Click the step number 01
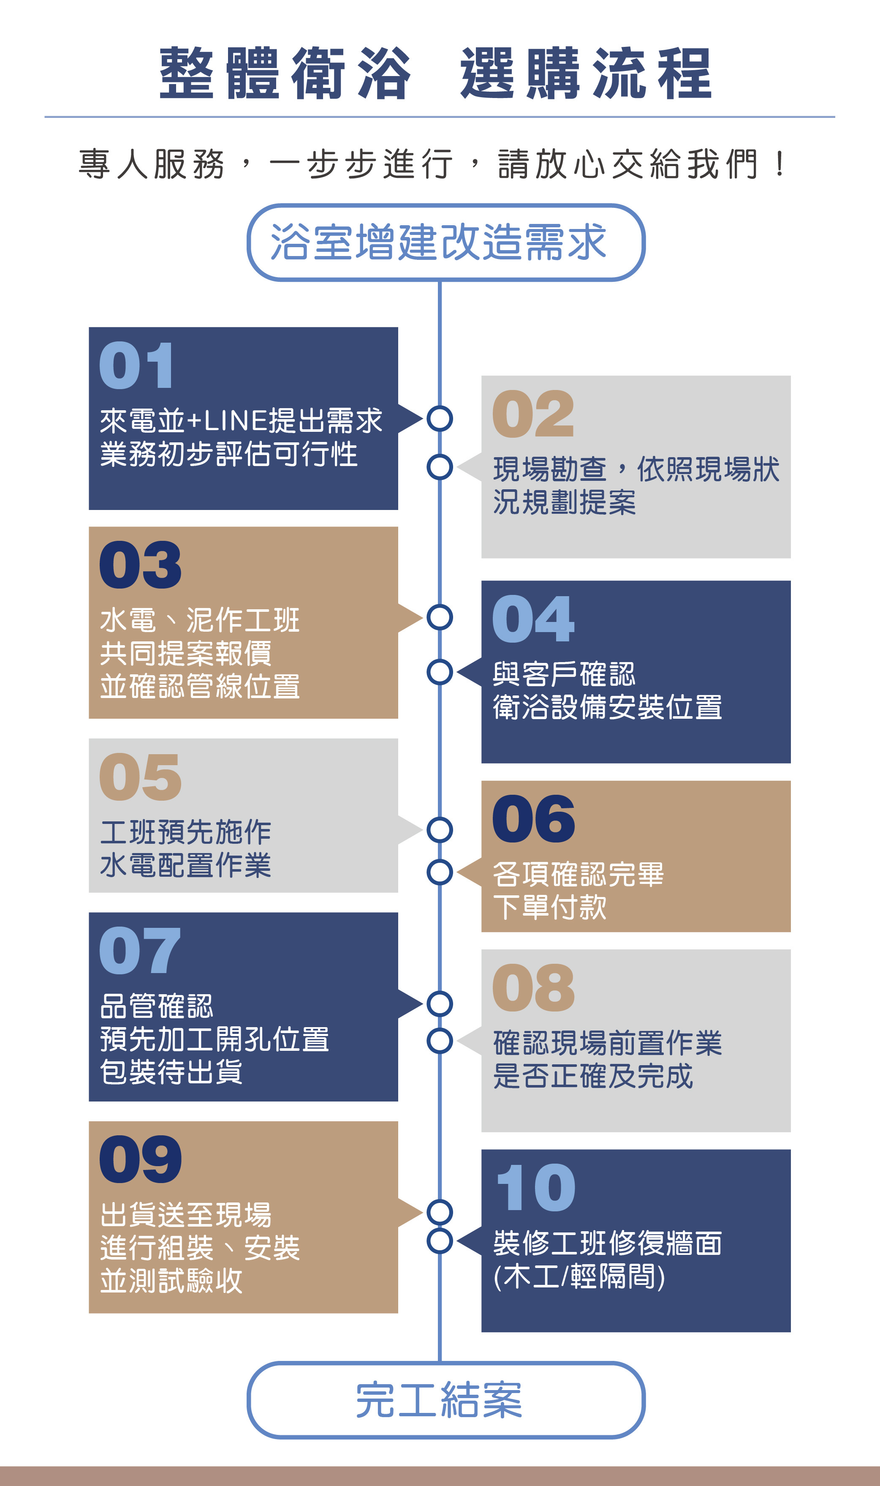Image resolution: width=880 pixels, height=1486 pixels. pos(136,365)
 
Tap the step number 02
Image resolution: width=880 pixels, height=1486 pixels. pos(533,414)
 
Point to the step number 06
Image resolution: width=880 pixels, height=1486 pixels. pos(533,819)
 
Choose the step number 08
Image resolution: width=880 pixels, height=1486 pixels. pos(533,988)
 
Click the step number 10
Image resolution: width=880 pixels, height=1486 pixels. pos(535,1188)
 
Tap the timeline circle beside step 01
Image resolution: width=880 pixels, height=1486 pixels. pos(440,418)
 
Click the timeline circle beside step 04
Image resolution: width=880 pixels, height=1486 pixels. pos(440,672)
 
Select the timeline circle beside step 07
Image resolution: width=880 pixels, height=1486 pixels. pos(440,1004)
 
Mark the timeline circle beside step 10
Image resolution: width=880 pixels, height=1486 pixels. pos(440,1241)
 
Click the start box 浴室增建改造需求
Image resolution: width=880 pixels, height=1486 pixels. pos(445,242)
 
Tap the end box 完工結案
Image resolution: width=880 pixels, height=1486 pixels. pos(445,1400)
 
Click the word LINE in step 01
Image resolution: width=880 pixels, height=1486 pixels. pos(236,420)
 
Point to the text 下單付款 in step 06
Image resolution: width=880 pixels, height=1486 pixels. pos(550,908)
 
